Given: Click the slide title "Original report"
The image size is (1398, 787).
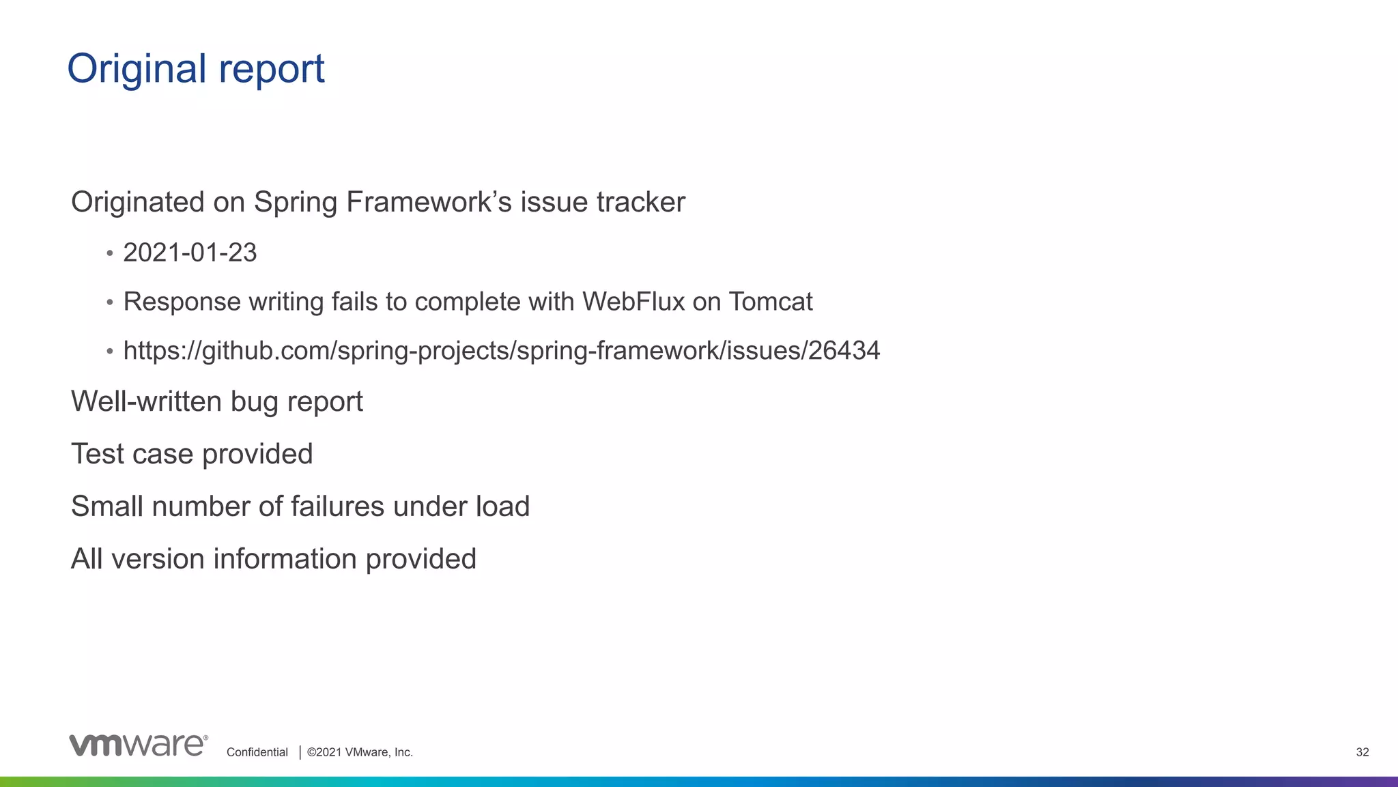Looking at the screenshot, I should point(196,69).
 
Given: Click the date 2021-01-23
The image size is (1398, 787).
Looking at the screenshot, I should point(190,253).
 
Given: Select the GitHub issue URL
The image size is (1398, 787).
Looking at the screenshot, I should point(501,351).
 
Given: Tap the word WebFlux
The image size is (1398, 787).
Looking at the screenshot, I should point(633,302).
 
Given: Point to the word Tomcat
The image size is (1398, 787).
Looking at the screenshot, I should point(771,302).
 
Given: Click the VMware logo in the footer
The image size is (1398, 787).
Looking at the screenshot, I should point(138,745).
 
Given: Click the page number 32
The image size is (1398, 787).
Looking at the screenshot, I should point(1362,752).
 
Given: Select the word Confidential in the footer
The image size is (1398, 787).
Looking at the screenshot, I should point(257,752).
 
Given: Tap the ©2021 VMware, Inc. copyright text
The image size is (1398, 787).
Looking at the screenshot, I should point(360,752).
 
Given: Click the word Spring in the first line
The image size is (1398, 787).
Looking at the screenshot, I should point(296,203).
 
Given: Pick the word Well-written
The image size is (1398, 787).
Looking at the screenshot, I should point(147,401).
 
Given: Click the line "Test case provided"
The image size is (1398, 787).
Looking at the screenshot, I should point(192,454).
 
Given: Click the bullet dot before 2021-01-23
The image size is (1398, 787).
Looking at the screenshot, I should point(110,254).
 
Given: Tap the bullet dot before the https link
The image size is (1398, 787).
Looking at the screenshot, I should point(110,352).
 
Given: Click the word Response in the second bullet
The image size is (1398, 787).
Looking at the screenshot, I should point(182,302).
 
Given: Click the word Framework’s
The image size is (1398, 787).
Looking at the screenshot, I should point(429,203).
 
